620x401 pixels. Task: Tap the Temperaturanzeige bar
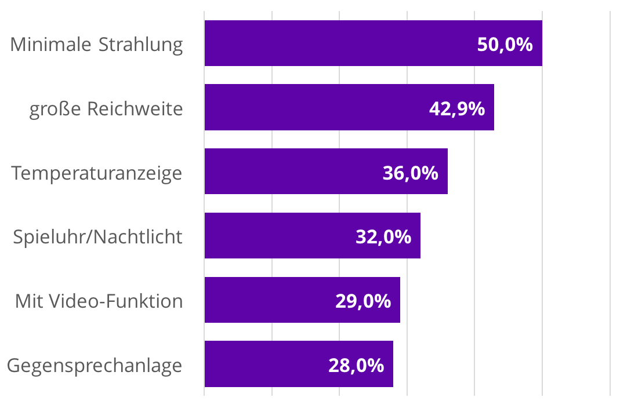290,172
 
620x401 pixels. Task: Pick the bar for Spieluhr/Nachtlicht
278,235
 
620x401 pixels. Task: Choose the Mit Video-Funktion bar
267,300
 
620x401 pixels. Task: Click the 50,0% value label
505,45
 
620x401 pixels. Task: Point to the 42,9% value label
457,109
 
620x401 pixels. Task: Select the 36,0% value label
410,173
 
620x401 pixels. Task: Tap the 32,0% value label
383,237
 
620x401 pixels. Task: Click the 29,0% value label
362,301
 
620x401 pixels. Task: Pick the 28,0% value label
356,366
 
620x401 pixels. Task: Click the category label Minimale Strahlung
96,45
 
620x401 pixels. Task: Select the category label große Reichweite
106,109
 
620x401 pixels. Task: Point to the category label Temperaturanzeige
96,173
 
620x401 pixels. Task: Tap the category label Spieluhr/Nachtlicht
97,237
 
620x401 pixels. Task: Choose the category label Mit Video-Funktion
99,301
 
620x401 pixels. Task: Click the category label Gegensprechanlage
95,366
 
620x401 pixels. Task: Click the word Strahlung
141,45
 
